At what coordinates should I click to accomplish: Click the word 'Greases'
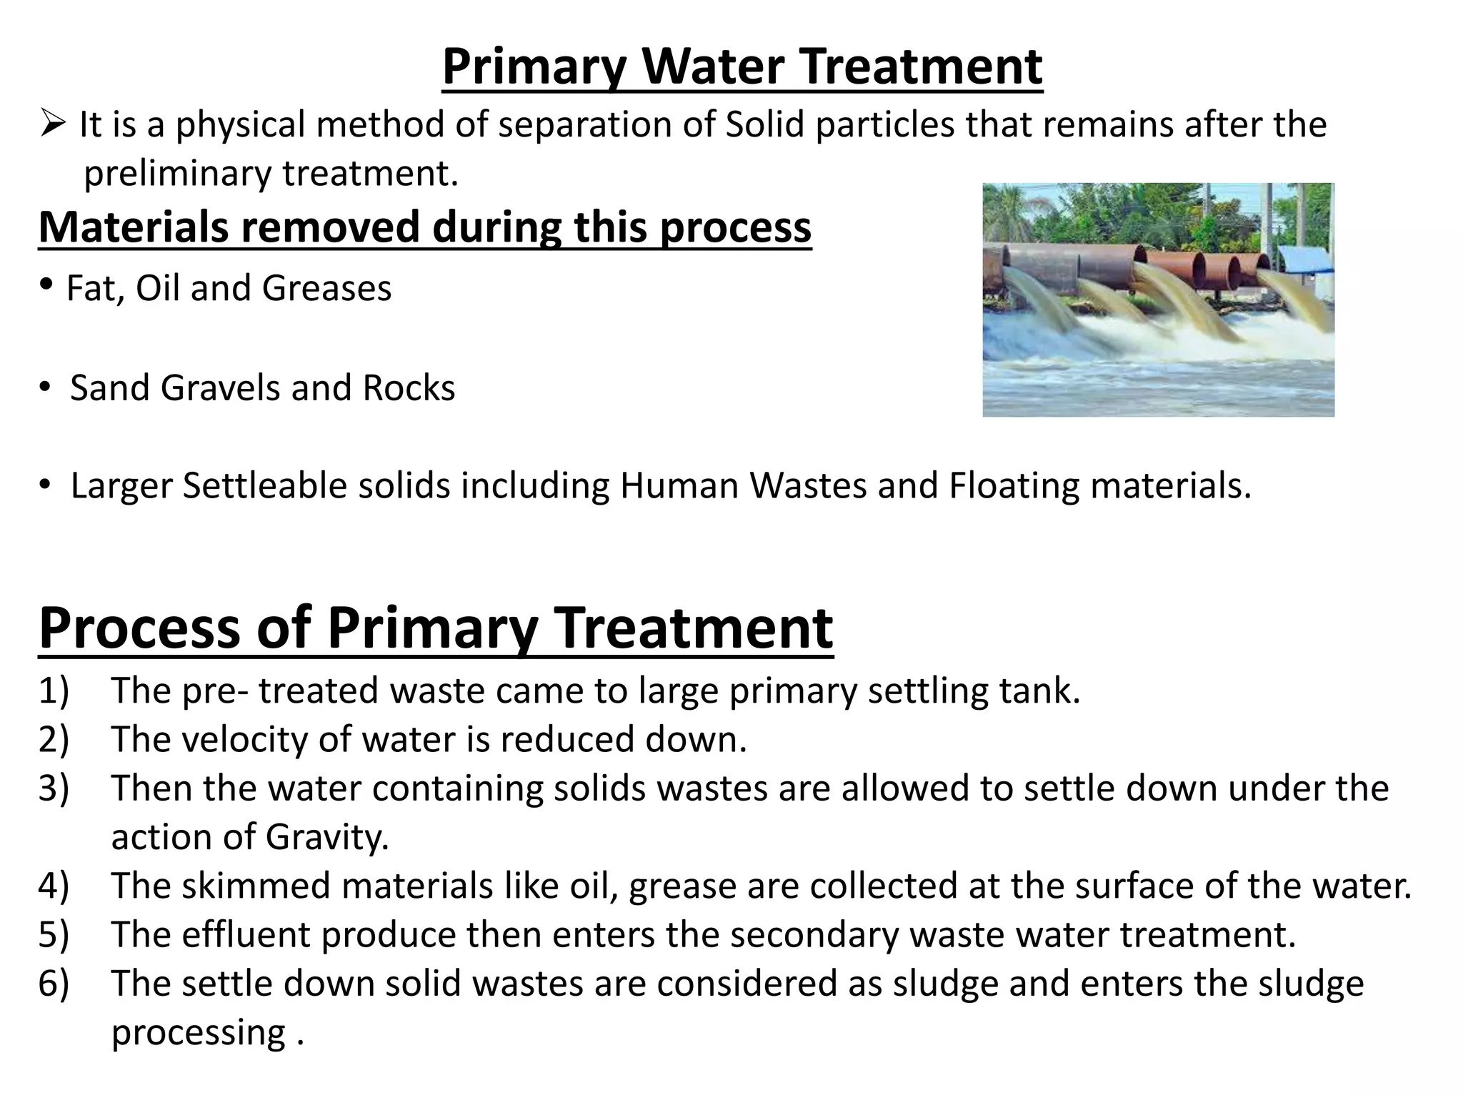[x=326, y=288]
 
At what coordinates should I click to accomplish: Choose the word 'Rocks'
[x=409, y=388]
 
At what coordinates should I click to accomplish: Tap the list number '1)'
[x=54, y=691]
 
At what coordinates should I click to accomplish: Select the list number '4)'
[x=54, y=886]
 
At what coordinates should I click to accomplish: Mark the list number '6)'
[x=54, y=984]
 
